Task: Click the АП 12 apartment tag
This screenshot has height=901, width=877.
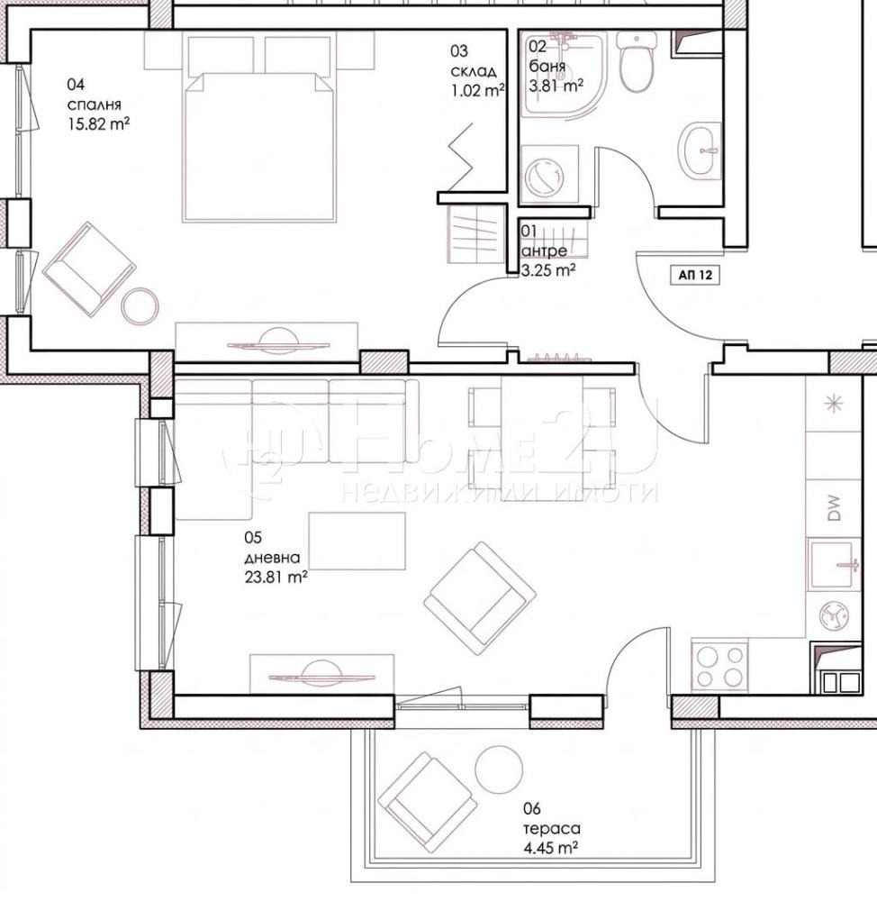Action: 695,275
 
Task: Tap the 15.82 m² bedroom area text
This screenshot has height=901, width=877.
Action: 98,123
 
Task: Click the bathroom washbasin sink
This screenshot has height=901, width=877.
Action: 700,150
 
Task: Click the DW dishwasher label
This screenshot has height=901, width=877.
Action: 834,508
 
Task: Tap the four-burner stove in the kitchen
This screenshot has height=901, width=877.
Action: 719,666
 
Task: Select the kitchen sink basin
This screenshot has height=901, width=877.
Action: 834,565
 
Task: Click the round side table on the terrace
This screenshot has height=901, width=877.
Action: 499,769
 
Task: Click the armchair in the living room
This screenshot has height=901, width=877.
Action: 480,598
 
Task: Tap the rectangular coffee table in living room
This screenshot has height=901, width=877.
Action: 357,541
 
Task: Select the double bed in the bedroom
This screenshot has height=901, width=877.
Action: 258,126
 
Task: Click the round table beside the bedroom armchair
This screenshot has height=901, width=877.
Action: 140,306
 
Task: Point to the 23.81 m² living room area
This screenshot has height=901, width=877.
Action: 276,577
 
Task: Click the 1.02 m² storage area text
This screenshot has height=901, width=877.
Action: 478,91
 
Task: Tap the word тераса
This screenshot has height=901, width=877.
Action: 551,829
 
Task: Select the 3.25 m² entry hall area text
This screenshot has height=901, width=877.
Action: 548,270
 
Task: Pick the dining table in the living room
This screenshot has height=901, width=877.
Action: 542,438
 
